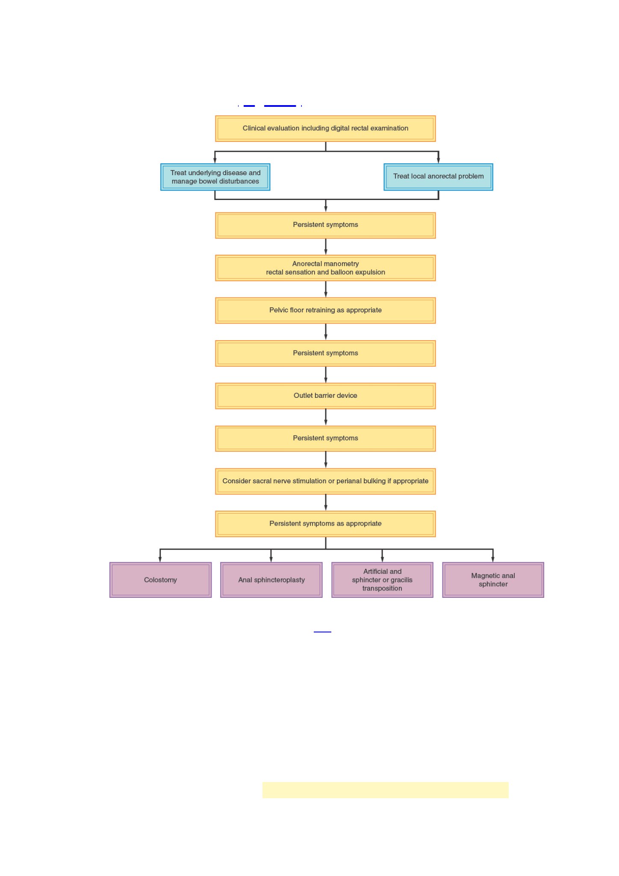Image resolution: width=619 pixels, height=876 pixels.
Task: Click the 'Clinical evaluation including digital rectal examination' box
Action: point(325,128)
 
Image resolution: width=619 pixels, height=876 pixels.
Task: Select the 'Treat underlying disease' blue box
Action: point(215,177)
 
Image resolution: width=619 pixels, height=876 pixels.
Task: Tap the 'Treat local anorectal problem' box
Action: point(438,177)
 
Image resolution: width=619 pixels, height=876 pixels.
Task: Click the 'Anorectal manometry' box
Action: point(325,268)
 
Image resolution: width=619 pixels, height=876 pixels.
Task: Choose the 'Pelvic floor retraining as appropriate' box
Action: point(325,310)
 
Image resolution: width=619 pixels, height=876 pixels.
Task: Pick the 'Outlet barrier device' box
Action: point(325,396)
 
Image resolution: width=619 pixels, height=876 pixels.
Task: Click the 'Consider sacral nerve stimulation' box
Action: point(325,481)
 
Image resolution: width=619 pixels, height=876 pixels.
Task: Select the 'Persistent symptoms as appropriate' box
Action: point(325,524)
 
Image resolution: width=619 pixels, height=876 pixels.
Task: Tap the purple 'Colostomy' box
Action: point(160,580)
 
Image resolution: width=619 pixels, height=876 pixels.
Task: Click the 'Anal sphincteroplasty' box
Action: point(271,580)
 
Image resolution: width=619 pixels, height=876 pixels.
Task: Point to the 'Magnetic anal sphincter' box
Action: point(493,580)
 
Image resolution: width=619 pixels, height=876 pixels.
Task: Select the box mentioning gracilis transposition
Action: point(382,580)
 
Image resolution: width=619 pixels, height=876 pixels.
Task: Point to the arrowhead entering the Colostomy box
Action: point(160,559)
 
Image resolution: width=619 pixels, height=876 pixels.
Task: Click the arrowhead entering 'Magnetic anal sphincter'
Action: point(493,559)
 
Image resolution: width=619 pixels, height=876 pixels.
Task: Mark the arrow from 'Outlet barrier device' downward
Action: point(326,417)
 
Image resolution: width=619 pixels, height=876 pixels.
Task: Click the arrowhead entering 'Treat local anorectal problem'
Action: point(438,160)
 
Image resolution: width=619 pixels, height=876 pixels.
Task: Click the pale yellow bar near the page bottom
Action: point(385,790)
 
